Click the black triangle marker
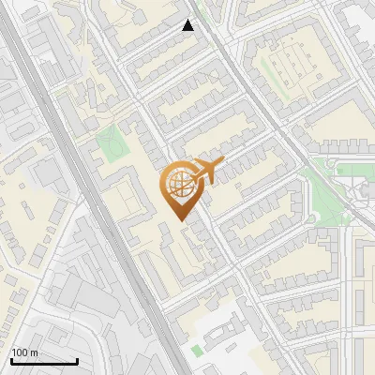click(188, 25)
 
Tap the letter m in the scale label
click(34, 352)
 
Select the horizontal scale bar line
click(43, 361)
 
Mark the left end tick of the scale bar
click(10, 360)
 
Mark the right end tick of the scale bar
click(77, 360)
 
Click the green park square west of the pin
click(111, 143)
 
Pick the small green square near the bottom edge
click(196, 351)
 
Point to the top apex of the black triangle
click(188, 20)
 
